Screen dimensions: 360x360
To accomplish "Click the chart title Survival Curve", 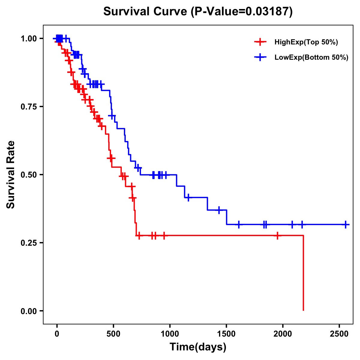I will (198, 12).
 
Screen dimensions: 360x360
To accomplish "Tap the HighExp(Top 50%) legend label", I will (306, 42).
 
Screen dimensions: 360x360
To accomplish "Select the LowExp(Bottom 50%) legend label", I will (311, 58).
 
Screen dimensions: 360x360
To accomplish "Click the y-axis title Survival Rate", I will (11, 175).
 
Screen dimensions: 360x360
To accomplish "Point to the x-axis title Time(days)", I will (198, 347).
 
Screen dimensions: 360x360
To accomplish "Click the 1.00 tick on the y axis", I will (28, 39).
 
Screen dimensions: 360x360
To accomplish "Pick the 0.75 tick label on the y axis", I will (28, 107).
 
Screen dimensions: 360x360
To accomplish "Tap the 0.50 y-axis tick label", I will (28, 175).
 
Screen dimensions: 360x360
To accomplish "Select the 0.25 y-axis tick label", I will (28, 243).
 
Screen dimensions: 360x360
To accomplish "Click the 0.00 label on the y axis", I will (28, 311).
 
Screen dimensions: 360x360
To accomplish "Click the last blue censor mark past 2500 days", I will (346, 224).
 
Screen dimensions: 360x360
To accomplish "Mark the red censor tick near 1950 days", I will (277, 235).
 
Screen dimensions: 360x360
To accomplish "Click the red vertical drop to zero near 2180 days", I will (303, 273).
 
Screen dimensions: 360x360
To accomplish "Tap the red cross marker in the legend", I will (260, 42).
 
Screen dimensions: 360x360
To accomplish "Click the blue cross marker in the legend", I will (260, 57).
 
